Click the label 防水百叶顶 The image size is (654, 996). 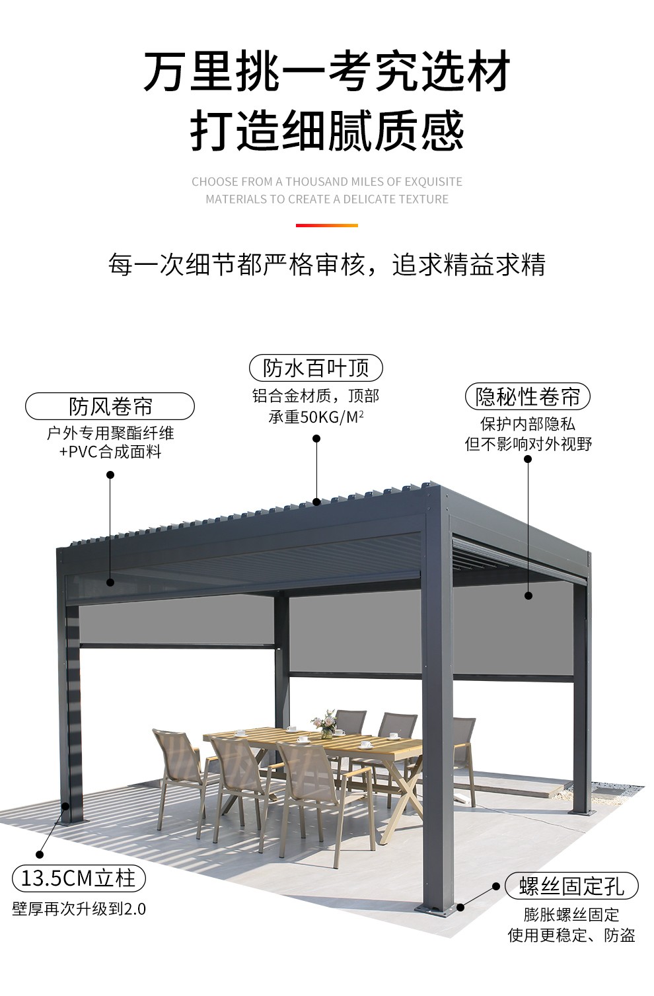(316, 368)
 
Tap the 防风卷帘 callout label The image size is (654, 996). (110, 406)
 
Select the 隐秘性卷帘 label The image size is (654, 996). (527, 396)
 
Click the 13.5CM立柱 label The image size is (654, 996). (79, 878)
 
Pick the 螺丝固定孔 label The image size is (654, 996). (571, 886)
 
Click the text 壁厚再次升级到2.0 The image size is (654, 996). (79, 909)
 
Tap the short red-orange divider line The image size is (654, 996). (326, 226)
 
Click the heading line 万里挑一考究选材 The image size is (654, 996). (327, 71)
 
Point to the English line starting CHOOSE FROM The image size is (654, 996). (327, 182)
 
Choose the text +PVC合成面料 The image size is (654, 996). (110, 452)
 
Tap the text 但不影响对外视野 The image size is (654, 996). (528, 444)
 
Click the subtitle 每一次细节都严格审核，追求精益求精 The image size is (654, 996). (327, 265)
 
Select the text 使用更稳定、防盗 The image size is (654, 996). (571, 935)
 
